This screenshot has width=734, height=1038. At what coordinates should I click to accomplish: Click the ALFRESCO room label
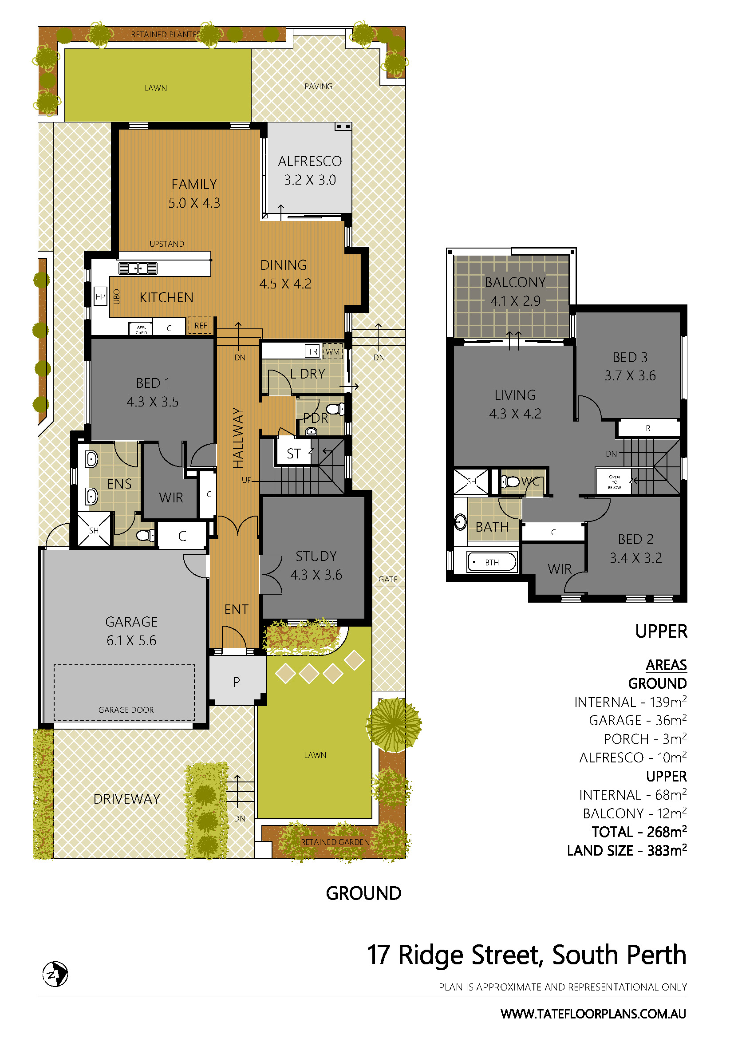point(310,161)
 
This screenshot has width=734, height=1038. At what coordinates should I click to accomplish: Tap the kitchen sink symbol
point(138,268)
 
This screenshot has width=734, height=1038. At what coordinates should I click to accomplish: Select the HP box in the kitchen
point(100,296)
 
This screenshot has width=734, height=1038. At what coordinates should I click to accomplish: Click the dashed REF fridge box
point(200,325)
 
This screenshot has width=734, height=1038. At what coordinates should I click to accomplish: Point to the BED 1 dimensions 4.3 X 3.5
point(152,402)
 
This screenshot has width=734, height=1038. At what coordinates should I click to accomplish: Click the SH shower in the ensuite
point(94,530)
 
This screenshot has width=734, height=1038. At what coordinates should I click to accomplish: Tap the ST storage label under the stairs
point(294,454)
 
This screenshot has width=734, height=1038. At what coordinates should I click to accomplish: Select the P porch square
point(237,682)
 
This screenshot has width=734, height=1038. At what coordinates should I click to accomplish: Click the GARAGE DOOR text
point(126,710)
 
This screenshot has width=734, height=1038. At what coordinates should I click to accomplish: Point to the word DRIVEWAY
point(126,799)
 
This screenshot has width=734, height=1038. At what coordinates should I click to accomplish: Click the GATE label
point(388,579)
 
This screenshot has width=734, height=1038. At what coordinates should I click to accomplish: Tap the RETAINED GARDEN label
point(335,842)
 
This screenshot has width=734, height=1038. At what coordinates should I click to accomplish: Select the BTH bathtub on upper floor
point(492,562)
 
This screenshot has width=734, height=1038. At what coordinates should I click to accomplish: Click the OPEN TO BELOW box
point(614,482)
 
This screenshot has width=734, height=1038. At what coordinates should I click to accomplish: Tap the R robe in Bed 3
point(647,428)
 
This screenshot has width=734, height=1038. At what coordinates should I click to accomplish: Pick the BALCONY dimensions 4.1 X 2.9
point(515,300)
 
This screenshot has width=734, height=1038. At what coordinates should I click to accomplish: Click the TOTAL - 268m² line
point(639,831)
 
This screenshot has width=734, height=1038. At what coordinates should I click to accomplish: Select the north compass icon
point(55,973)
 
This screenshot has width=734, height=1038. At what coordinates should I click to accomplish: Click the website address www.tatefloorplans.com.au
point(593,1014)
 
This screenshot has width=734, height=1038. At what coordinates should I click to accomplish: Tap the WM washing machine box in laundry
point(333,351)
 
